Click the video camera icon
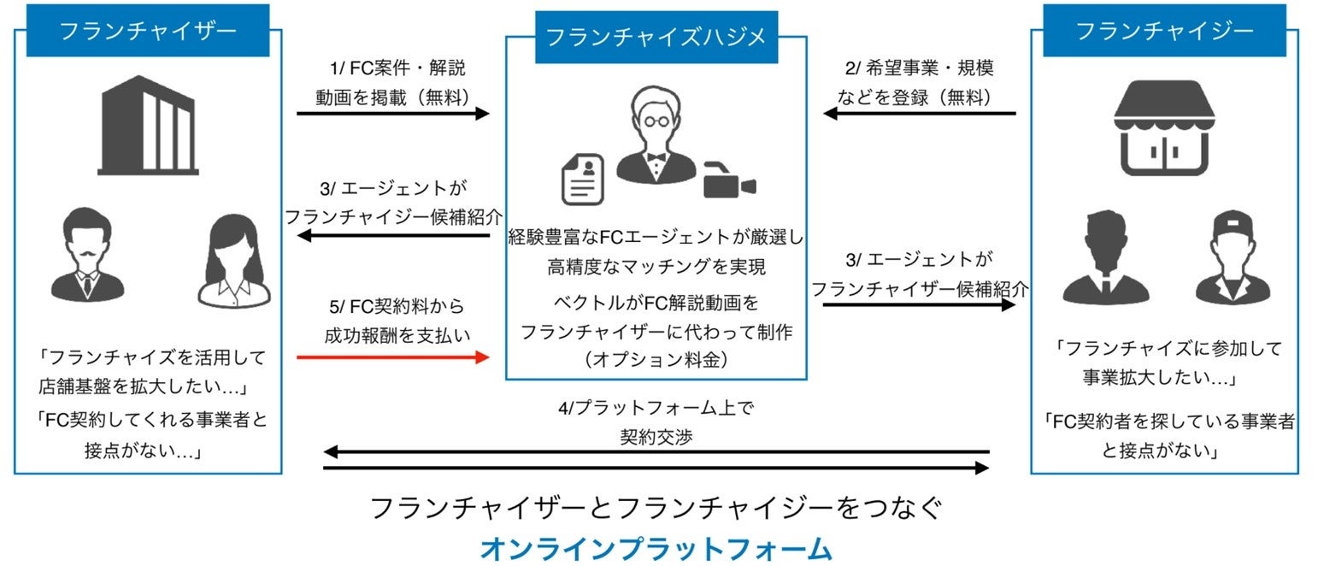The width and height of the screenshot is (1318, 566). tap(728, 180)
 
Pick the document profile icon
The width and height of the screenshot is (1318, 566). tap(581, 180)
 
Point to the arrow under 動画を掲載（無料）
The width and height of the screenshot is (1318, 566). tap(393, 113)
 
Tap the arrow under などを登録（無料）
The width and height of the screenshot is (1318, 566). tap(919, 113)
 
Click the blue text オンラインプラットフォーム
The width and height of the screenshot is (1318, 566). tap(656, 548)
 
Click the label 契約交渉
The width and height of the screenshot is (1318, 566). tap(656, 437)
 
